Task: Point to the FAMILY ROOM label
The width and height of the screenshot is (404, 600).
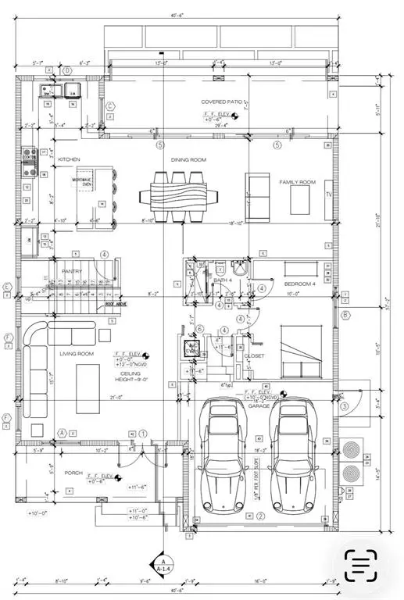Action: click(297, 182)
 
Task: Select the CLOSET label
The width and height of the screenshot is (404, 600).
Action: click(255, 355)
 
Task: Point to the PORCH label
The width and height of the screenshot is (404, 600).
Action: click(75, 472)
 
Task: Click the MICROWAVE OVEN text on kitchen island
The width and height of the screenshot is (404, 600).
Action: click(84, 181)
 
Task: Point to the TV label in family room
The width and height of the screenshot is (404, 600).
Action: click(329, 193)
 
